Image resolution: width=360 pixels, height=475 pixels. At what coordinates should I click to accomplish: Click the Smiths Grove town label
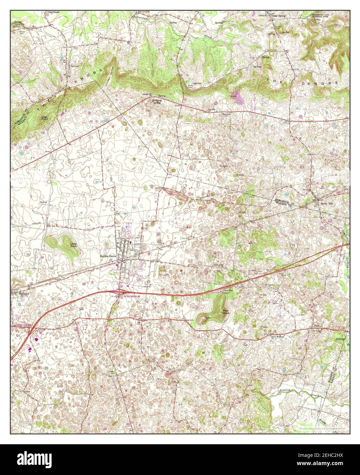[108, 256]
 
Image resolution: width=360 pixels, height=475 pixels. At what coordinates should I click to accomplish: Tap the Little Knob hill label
[74, 245]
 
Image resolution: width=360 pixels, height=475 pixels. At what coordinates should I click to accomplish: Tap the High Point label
[44, 118]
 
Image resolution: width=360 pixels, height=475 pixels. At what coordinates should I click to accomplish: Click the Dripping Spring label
[157, 101]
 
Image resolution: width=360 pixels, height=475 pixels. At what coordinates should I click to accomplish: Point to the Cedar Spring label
[278, 15]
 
